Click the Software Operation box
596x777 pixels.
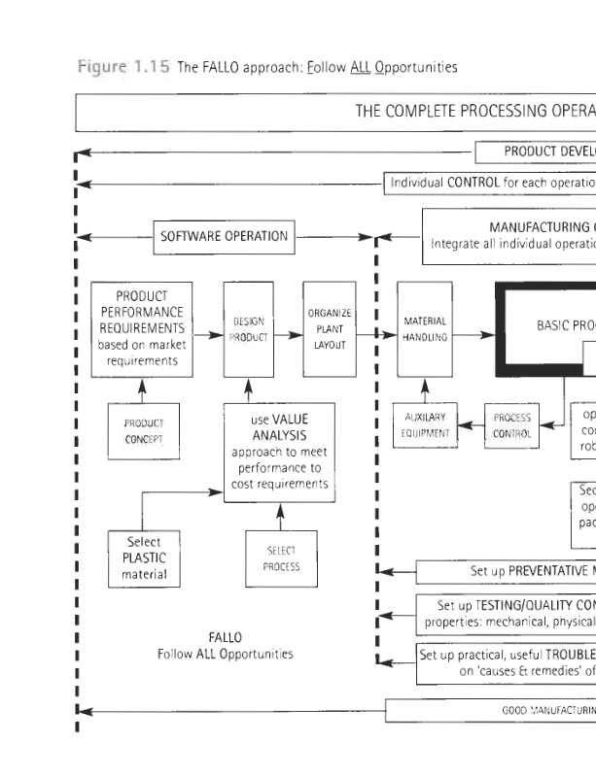(224, 236)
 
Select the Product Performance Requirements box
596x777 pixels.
(140, 329)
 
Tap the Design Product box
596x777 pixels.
(248, 329)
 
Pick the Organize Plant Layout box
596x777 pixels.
(329, 329)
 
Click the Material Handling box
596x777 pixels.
(424, 329)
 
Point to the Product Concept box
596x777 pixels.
(143, 430)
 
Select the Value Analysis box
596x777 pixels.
(280, 452)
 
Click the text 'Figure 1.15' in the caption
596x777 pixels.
(123, 67)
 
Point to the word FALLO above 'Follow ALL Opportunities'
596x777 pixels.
(225, 637)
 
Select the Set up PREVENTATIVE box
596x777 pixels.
(506, 571)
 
